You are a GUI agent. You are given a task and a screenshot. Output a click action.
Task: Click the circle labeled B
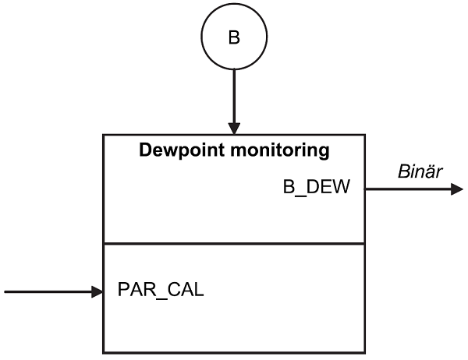coord(234,37)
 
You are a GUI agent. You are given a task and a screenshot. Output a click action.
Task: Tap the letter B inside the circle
coord(234,37)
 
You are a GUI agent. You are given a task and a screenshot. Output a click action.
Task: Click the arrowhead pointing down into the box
coord(234,128)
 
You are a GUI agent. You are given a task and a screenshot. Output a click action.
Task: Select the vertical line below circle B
coord(234,94)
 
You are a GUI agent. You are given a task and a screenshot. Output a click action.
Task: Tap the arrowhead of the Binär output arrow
coord(458,189)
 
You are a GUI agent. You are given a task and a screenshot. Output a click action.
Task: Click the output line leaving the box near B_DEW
coord(406,189)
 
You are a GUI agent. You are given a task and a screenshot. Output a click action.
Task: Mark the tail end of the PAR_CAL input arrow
coord(5,292)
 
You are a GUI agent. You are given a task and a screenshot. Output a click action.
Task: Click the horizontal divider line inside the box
coord(234,244)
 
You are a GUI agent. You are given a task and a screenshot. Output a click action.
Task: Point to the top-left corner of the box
coord(104,136)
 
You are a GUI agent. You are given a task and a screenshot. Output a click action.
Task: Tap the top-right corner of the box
coord(364,136)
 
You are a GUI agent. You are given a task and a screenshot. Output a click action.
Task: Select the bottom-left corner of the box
coord(104,353)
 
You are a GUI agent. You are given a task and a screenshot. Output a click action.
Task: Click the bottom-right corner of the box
coord(364,353)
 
